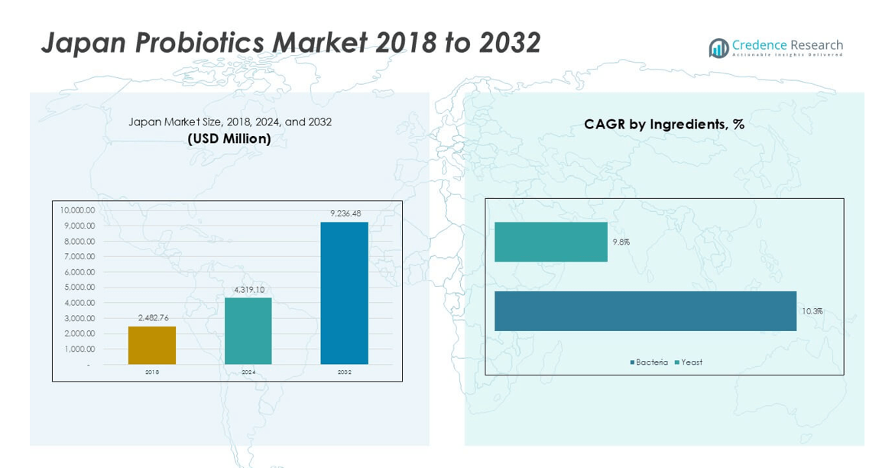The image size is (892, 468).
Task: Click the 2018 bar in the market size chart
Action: pyautogui.click(x=152, y=345)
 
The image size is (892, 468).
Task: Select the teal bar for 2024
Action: pyautogui.click(x=248, y=330)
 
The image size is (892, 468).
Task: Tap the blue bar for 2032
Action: pyautogui.click(x=344, y=293)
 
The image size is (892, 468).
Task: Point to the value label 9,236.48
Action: pyautogui.click(x=345, y=213)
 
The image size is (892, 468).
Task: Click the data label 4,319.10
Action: pyautogui.click(x=249, y=290)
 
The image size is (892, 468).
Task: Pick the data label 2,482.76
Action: pyautogui.click(x=152, y=318)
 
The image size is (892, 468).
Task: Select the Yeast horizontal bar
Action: pyautogui.click(x=550, y=242)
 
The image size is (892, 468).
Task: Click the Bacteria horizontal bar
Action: pyautogui.click(x=645, y=310)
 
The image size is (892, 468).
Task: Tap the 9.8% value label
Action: pyautogui.click(x=621, y=242)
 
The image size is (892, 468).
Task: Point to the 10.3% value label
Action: pyautogui.click(x=812, y=311)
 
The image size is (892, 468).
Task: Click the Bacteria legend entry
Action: pyautogui.click(x=649, y=362)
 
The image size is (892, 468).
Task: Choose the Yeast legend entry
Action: pyautogui.click(x=689, y=362)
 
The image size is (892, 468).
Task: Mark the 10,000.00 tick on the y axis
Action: pyautogui.click(x=77, y=210)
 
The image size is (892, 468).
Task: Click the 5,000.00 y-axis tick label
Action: pyautogui.click(x=79, y=288)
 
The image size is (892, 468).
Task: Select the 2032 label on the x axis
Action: pyautogui.click(x=344, y=372)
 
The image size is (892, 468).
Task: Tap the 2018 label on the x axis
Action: pyautogui.click(x=152, y=372)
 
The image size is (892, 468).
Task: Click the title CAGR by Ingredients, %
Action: pyautogui.click(x=663, y=124)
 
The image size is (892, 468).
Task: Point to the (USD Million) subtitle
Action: pyautogui.click(x=229, y=138)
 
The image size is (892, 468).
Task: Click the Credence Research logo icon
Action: pyautogui.click(x=718, y=48)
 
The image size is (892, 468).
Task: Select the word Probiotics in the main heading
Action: pyautogui.click(x=199, y=43)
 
